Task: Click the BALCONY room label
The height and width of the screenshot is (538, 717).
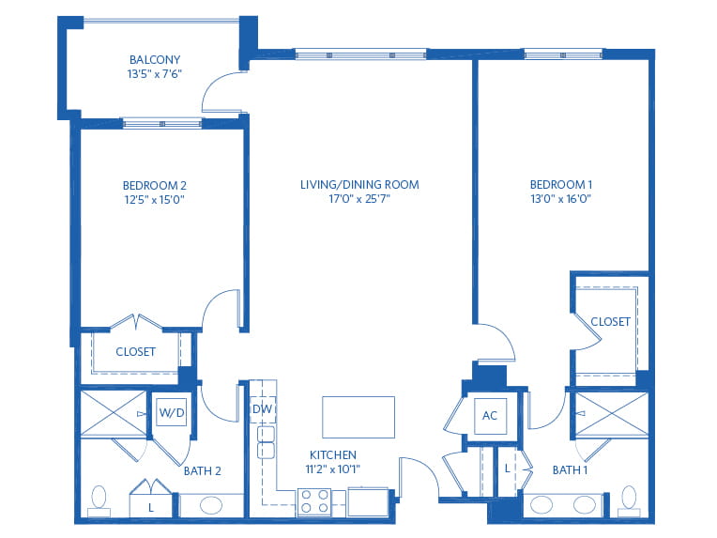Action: point(155,59)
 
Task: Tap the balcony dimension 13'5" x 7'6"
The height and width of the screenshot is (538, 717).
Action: point(155,73)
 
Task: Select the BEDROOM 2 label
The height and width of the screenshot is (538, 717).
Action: point(155,185)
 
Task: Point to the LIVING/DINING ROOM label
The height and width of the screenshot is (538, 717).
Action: point(359,184)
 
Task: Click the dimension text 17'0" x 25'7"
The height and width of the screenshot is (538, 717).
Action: point(359,198)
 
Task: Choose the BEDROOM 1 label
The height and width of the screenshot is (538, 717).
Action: point(561,184)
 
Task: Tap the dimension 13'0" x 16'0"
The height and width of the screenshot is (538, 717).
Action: point(561,198)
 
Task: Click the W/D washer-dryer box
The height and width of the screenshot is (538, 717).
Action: point(172,412)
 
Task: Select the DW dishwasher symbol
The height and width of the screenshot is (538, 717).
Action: point(263,409)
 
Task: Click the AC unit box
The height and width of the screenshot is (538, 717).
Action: point(490,415)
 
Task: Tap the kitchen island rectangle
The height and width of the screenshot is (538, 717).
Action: point(358,417)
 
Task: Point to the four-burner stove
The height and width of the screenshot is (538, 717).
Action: point(314,502)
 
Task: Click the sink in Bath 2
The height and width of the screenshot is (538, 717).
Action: point(211,505)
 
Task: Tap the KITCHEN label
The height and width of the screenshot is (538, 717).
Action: point(333,454)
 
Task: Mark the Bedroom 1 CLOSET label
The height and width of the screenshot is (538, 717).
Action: point(610,322)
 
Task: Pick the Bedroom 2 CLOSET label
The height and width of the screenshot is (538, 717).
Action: point(135,351)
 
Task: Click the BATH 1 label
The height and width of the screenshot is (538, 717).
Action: point(570,469)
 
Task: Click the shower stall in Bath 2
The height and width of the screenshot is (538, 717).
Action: point(114,413)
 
